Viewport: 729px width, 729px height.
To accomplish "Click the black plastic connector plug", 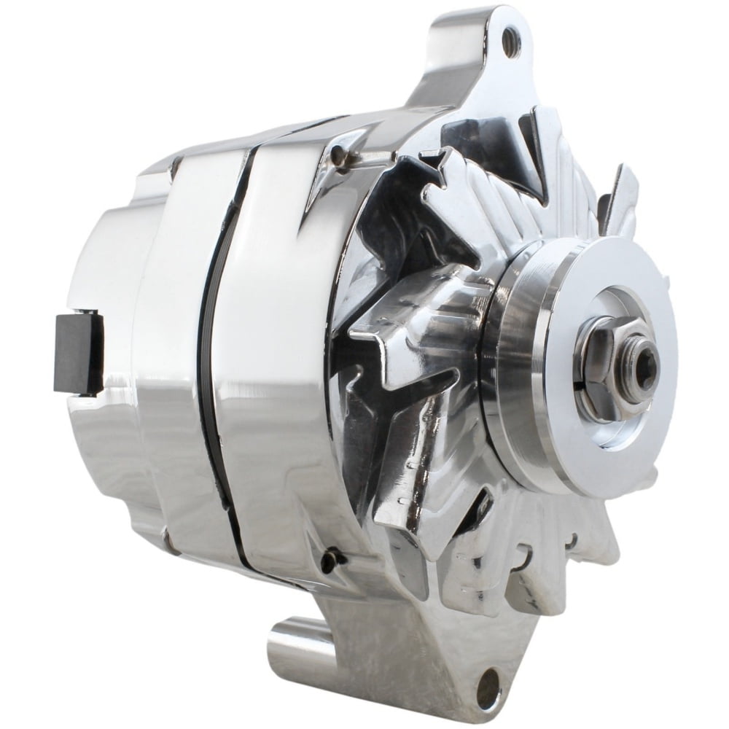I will (79, 351).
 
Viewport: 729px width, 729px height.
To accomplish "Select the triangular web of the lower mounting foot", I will (437, 642).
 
